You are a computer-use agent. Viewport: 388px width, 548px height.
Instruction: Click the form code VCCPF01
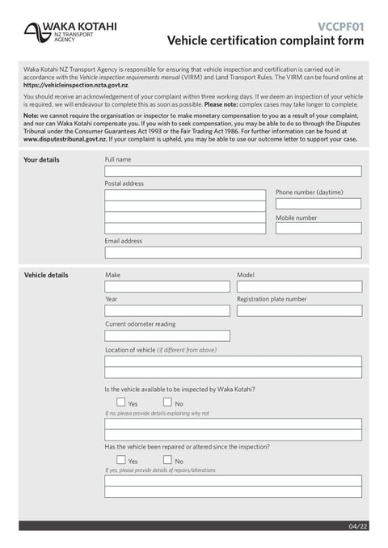pos(340,26)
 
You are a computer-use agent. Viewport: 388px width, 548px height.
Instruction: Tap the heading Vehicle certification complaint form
pos(265,41)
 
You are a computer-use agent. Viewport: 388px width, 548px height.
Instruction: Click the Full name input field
pos(233,171)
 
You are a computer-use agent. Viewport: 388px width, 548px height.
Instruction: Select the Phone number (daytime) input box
pos(318,204)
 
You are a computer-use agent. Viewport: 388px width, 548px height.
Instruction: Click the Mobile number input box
pos(318,229)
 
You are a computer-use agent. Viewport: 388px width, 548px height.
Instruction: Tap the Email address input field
pos(233,252)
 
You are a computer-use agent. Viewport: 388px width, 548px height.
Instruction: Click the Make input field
pos(167,287)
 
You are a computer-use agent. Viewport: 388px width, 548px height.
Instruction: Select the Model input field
pos(299,287)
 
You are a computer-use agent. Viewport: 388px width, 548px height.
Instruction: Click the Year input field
pos(167,310)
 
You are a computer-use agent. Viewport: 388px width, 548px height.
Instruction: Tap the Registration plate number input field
pos(299,310)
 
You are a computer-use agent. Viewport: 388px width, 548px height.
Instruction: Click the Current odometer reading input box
pos(167,335)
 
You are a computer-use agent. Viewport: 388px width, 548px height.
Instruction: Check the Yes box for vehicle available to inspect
pos(121,402)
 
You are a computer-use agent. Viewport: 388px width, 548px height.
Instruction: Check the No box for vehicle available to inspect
pos(167,402)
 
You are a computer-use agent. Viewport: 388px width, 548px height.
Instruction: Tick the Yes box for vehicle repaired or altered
pos(121,460)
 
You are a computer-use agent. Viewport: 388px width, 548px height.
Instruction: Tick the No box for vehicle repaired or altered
pos(167,460)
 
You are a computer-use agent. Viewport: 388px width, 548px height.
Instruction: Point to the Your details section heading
pos(41,160)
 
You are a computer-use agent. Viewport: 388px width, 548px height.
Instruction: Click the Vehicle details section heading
pos(46,276)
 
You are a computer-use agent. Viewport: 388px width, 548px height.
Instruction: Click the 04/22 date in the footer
pos(357,526)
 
